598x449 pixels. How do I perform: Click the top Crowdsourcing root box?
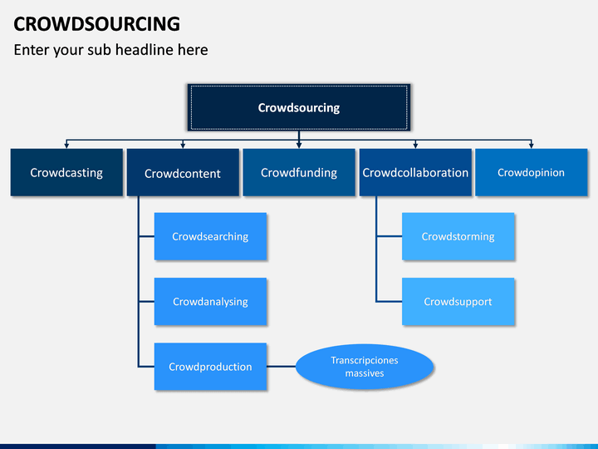pyautogui.click(x=299, y=107)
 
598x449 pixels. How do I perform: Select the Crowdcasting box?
pyautogui.click(x=66, y=172)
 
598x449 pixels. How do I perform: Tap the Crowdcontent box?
pyautogui.click(x=183, y=172)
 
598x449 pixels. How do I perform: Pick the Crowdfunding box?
pyautogui.click(x=299, y=172)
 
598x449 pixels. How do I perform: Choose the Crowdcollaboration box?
pyautogui.click(x=415, y=172)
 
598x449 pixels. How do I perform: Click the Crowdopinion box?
pyautogui.click(x=532, y=172)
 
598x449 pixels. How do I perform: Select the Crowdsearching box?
pyautogui.click(x=210, y=236)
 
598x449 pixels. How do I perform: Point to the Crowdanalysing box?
pyautogui.click(x=210, y=301)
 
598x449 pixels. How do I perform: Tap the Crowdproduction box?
pyautogui.click(x=210, y=367)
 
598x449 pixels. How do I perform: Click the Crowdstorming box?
pyautogui.click(x=458, y=236)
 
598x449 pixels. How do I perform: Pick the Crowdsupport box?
pyautogui.click(x=458, y=301)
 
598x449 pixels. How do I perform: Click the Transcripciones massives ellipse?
pyautogui.click(x=365, y=367)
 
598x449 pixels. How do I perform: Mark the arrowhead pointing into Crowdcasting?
pyautogui.click(x=66, y=146)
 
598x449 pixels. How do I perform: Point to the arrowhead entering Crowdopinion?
pyautogui.click(x=532, y=146)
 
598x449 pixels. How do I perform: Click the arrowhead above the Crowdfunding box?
pyautogui.click(x=299, y=146)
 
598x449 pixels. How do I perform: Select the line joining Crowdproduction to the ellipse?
pyautogui.click(x=281, y=367)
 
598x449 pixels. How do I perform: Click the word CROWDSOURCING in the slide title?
pyautogui.click(x=97, y=24)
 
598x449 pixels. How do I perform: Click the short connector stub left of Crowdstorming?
pyautogui.click(x=390, y=236)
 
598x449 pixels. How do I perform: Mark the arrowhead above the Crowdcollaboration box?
pyautogui.click(x=415, y=146)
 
